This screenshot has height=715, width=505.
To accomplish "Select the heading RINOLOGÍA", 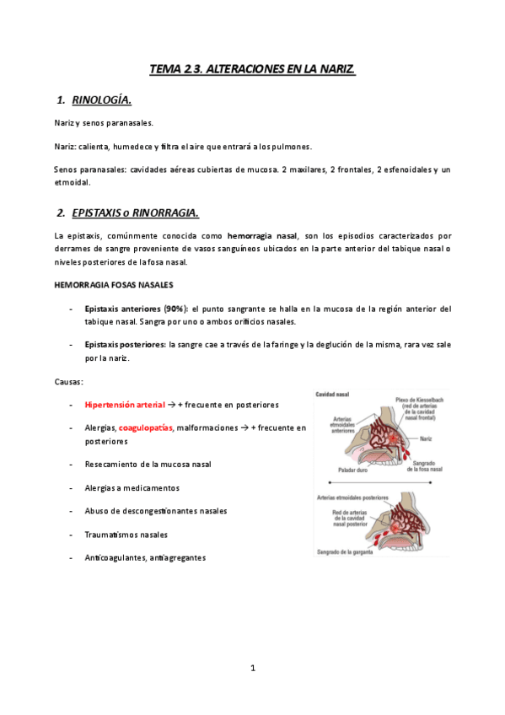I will [x=101, y=100].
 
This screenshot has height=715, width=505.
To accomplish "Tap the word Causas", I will [x=69, y=381].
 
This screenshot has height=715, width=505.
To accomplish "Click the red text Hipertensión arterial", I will [x=125, y=405].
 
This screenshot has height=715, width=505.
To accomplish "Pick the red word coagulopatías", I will [x=146, y=428].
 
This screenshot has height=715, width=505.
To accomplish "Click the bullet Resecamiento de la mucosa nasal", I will [x=148, y=464].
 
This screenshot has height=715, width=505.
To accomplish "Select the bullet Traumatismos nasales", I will [x=126, y=535].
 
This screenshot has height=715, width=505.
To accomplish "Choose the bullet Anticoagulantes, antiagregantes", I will [x=145, y=557].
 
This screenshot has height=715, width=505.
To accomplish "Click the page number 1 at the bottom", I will [x=252, y=668].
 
